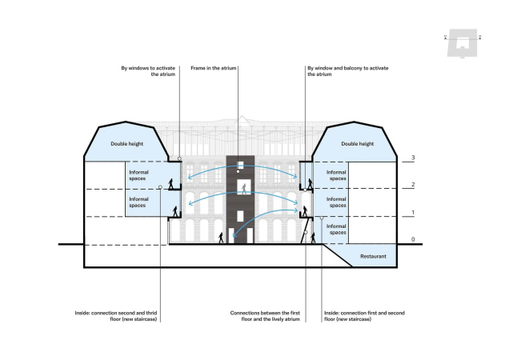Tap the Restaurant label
(x=373, y=256)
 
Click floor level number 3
(x=412, y=158)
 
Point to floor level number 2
(x=412, y=186)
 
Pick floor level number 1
(x=412, y=213)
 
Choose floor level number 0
(x=412, y=239)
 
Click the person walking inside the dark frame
(x=243, y=187)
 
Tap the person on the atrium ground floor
(x=221, y=238)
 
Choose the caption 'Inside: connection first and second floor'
(x=365, y=316)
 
